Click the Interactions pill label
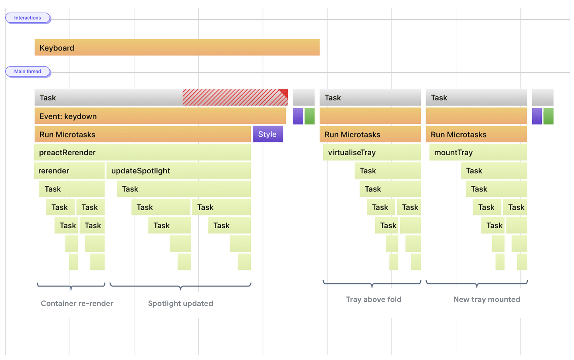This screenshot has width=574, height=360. point(28,18)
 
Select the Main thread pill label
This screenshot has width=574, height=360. point(28,72)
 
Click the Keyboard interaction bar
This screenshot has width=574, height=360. point(177,48)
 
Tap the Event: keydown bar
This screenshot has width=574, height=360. point(160,116)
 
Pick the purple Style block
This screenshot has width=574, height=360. point(268,134)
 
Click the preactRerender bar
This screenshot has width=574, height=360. point(142,152)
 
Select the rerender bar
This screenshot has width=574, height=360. point(69,171)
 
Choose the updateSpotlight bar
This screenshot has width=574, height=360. point(178,171)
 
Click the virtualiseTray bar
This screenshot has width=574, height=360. point(372,152)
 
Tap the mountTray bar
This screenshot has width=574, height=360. point(478,152)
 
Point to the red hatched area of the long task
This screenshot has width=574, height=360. point(232,98)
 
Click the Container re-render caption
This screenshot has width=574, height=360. point(77,303)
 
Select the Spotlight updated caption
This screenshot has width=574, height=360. point(180,303)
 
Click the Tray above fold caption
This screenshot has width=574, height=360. point(374,299)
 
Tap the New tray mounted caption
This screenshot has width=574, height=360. point(487,299)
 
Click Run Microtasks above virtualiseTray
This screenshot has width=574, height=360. point(370,134)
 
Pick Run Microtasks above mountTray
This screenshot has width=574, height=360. point(476,134)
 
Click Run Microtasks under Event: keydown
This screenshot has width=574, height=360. point(142,134)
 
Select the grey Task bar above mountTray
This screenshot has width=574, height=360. point(476,98)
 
